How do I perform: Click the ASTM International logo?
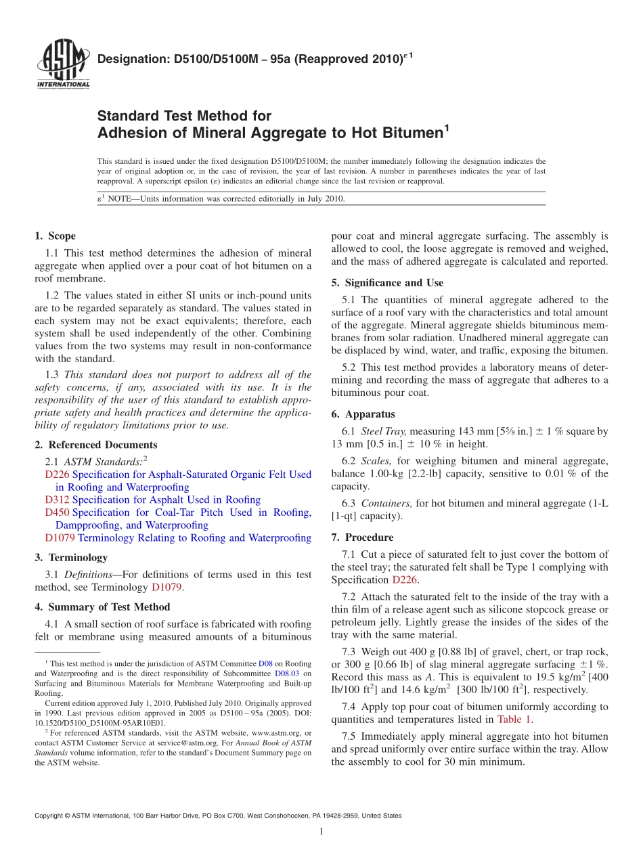point(62,64)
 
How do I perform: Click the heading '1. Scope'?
point(55,236)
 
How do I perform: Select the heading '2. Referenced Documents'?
point(95,445)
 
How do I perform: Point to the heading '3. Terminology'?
point(70,558)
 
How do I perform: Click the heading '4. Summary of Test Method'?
point(102,607)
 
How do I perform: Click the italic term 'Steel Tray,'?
point(384,431)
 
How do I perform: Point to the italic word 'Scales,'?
point(376,461)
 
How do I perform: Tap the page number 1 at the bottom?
point(321,832)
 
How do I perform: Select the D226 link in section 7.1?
point(405,580)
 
